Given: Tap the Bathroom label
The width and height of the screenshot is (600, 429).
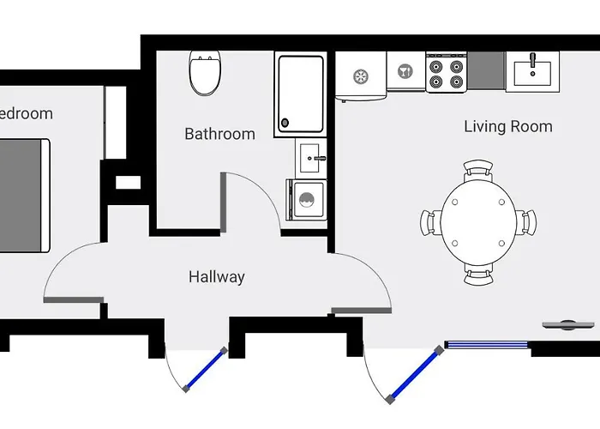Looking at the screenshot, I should [219, 134].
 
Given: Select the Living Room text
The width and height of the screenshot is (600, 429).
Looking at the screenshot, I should [507, 127].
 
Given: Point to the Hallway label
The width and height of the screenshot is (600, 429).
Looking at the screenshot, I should [216, 277].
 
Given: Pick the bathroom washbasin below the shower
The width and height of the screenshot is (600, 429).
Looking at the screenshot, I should [311, 157].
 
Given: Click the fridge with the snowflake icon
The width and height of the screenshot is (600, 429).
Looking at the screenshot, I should [360, 76].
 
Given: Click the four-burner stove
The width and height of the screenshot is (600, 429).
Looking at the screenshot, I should [446, 72].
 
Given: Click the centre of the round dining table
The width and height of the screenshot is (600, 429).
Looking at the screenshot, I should [478, 222].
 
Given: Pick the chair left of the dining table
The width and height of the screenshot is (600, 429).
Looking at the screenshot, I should [430, 222].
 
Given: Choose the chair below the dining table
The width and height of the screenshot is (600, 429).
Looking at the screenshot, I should [478, 274].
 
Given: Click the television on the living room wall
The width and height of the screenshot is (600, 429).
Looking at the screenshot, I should [561, 324].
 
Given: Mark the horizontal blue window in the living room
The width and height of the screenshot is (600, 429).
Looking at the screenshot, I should [487, 346].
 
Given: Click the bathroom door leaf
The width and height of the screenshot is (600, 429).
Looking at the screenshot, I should [223, 201].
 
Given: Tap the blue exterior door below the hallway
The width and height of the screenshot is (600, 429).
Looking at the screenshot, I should [205, 370].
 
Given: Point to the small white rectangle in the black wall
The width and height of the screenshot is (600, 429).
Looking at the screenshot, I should [128, 182].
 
